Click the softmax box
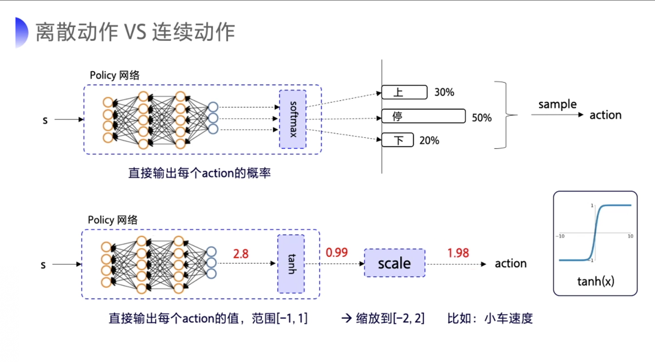tap(293, 119)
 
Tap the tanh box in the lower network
tap(291, 264)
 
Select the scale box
tap(394, 263)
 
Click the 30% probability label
tap(444, 92)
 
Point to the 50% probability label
tap(481, 118)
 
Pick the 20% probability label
tap(429, 141)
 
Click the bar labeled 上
tap(404, 92)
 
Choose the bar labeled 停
tap(423, 116)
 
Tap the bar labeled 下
tap(398, 140)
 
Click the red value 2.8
tap(241, 254)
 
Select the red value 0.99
tap(337, 252)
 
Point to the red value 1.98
tap(458, 253)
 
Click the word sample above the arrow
tap(557, 104)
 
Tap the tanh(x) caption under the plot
tap(596, 281)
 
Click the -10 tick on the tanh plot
tap(560, 236)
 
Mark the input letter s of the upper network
tap(45, 120)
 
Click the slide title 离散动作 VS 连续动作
tap(135, 32)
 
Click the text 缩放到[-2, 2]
tap(390, 318)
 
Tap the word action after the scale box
tap(511, 264)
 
